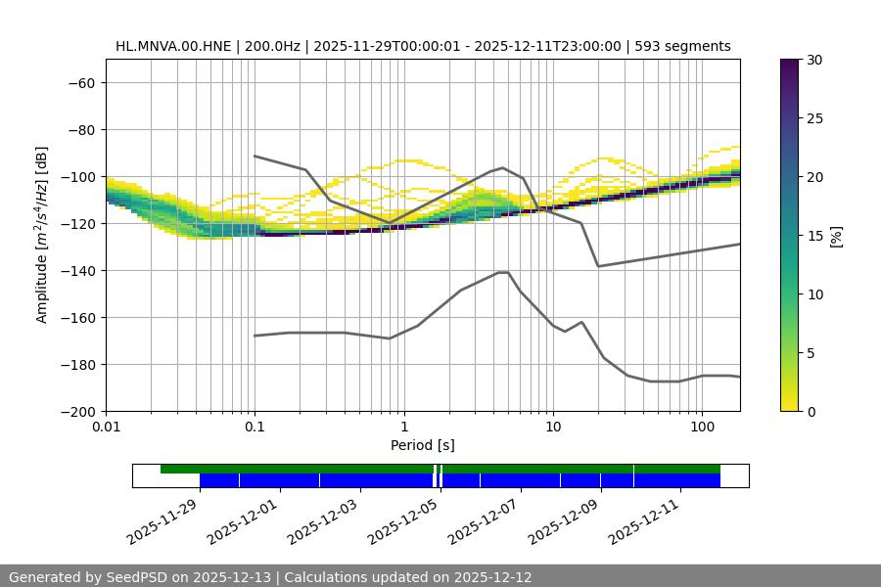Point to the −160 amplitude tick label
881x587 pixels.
click(76, 317)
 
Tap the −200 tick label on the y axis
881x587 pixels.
click(76, 411)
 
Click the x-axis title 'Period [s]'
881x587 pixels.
click(423, 445)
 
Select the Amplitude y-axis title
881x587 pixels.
click(41, 235)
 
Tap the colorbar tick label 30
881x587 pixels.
click(814, 60)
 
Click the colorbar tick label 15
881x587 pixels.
click(814, 236)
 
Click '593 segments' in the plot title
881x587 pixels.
click(682, 46)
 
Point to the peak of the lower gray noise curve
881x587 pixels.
click(503, 272)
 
